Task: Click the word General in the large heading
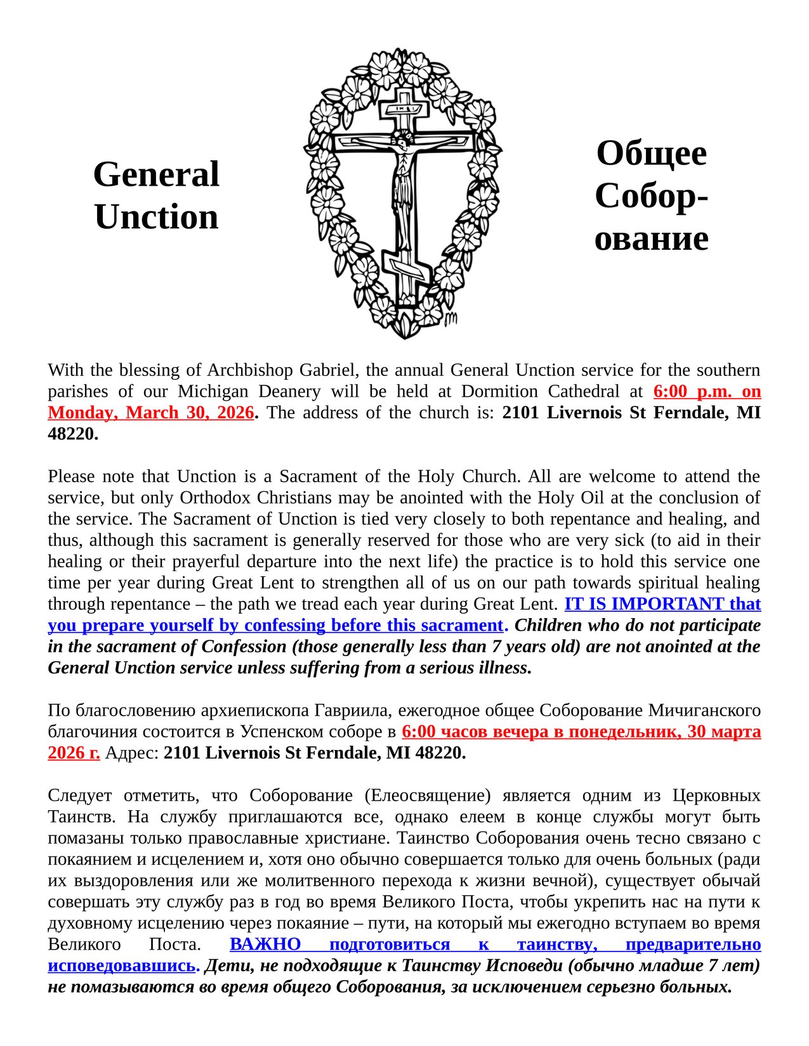coord(156,174)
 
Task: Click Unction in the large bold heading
coord(156,217)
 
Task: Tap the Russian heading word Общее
coord(652,153)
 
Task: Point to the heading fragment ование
coord(652,238)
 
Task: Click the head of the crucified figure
coord(401,138)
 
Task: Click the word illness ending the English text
coord(506,668)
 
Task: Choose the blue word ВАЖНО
coord(265,944)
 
